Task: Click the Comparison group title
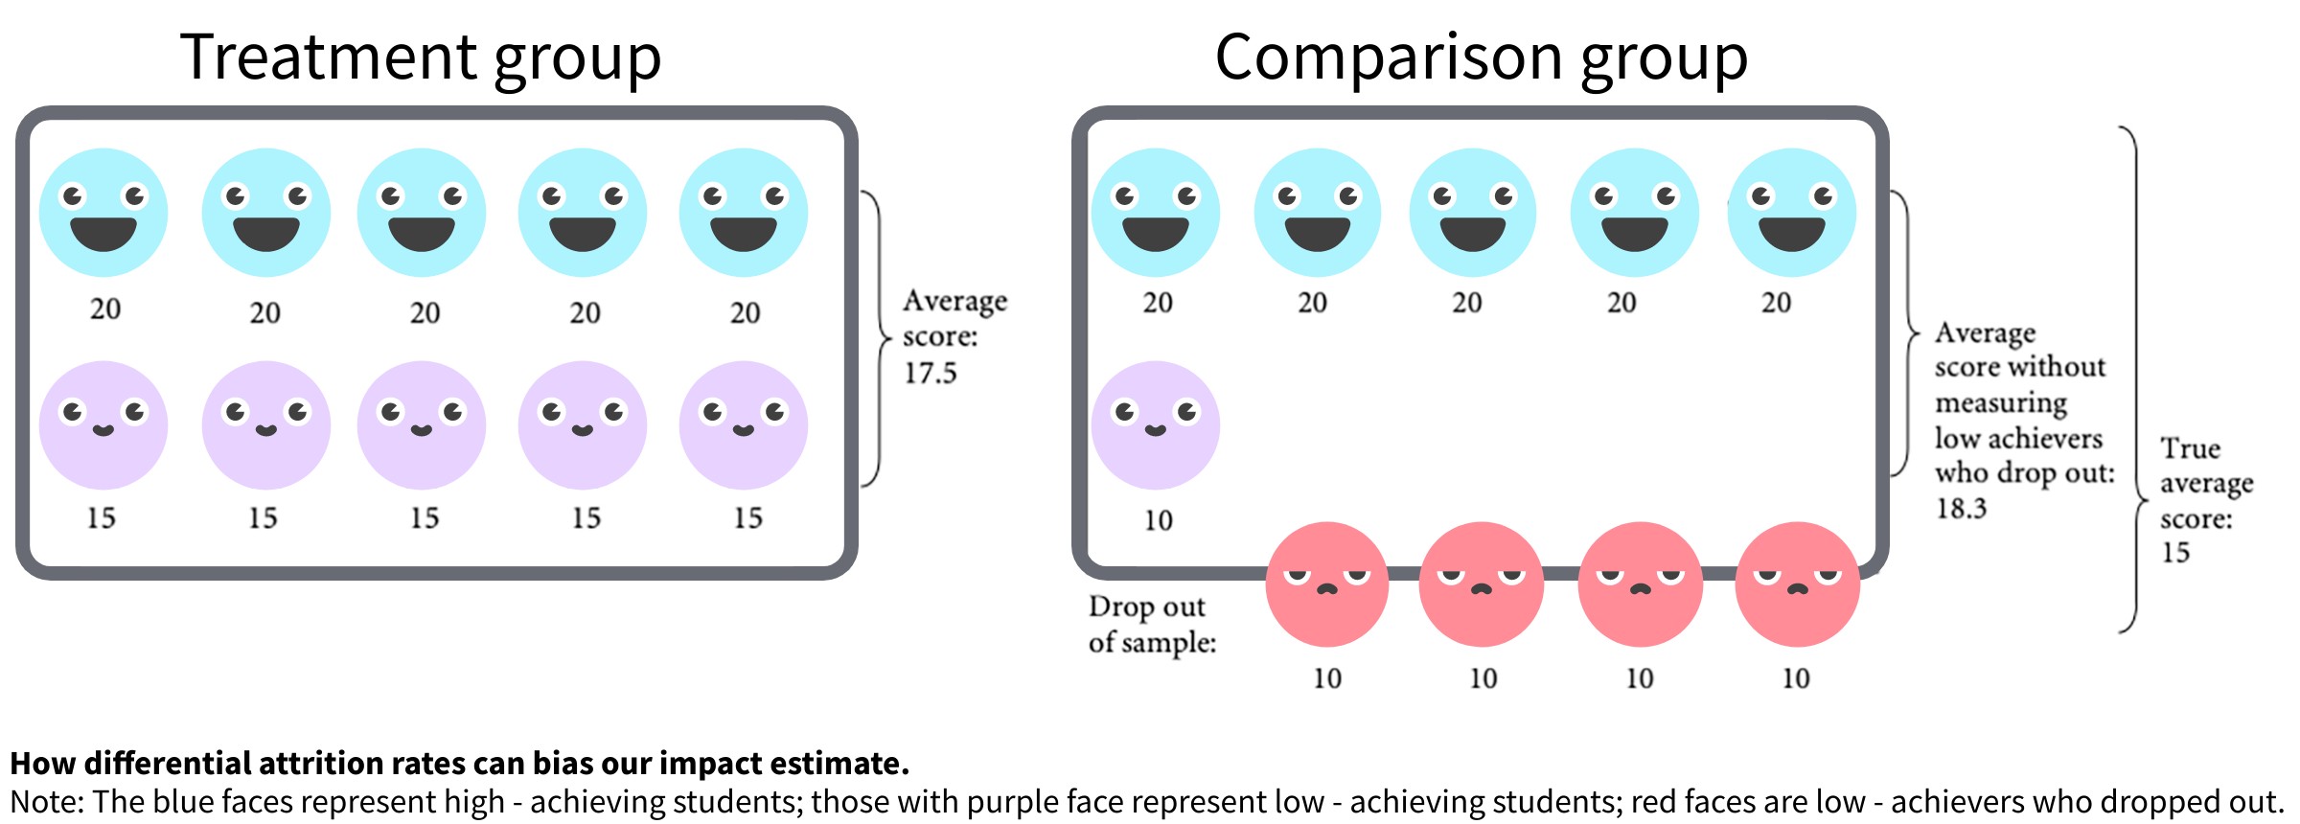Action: point(1481,57)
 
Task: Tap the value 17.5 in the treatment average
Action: point(930,373)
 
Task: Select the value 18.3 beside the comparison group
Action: point(1961,508)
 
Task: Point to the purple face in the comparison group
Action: point(1156,424)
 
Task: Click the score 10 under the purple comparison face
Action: point(1158,520)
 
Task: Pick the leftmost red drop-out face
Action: point(1327,584)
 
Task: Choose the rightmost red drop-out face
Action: point(1797,584)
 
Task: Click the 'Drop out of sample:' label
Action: point(1151,624)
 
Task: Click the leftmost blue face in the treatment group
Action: point(103,212)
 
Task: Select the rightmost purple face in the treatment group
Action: point(744,424)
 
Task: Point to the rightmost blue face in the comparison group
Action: point(1791,212)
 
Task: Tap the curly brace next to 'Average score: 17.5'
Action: point(877,338)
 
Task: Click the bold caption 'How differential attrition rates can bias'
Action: point(459,764)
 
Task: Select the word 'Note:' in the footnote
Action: point(48,802)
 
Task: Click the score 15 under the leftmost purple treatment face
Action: point(101,518)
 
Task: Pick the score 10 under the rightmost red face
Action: point(1796,678)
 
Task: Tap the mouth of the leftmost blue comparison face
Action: point(1156,233)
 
